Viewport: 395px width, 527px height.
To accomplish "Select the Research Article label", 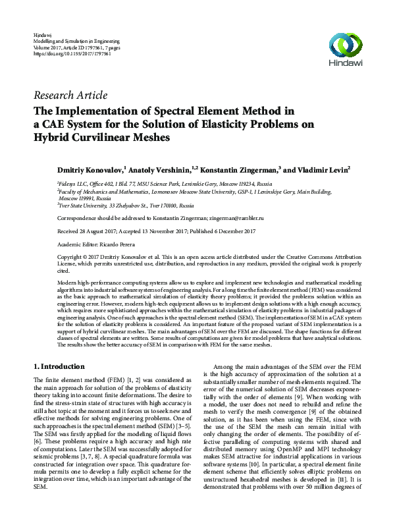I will (x=70, y=96).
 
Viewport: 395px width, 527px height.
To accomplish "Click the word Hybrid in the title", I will (x=54, y=138).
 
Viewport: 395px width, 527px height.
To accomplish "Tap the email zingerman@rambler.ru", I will (x=236, y=217).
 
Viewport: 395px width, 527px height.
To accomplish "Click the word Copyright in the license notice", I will (x=72, y=256).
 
